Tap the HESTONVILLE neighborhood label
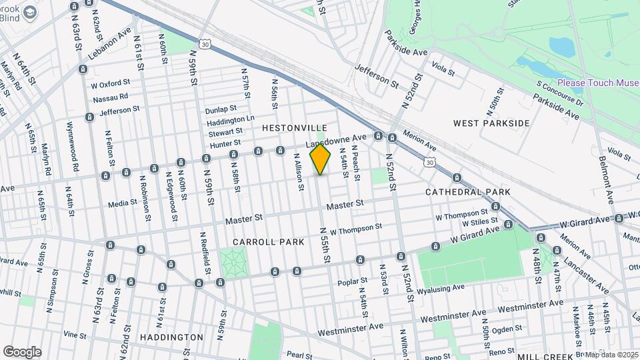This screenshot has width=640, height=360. pos(294,127)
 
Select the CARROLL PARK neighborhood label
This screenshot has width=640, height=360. pos(259,241)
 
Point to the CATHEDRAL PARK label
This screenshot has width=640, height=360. pos(468,192)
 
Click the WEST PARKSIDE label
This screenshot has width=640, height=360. pos(491,123)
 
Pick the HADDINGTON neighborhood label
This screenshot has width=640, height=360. pos(171,337)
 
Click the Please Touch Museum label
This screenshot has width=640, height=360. pos(597,83)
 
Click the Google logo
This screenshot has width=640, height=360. pos(22,351)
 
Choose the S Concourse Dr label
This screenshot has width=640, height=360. pos(560,93)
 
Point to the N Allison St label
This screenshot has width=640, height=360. pos(298,172)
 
